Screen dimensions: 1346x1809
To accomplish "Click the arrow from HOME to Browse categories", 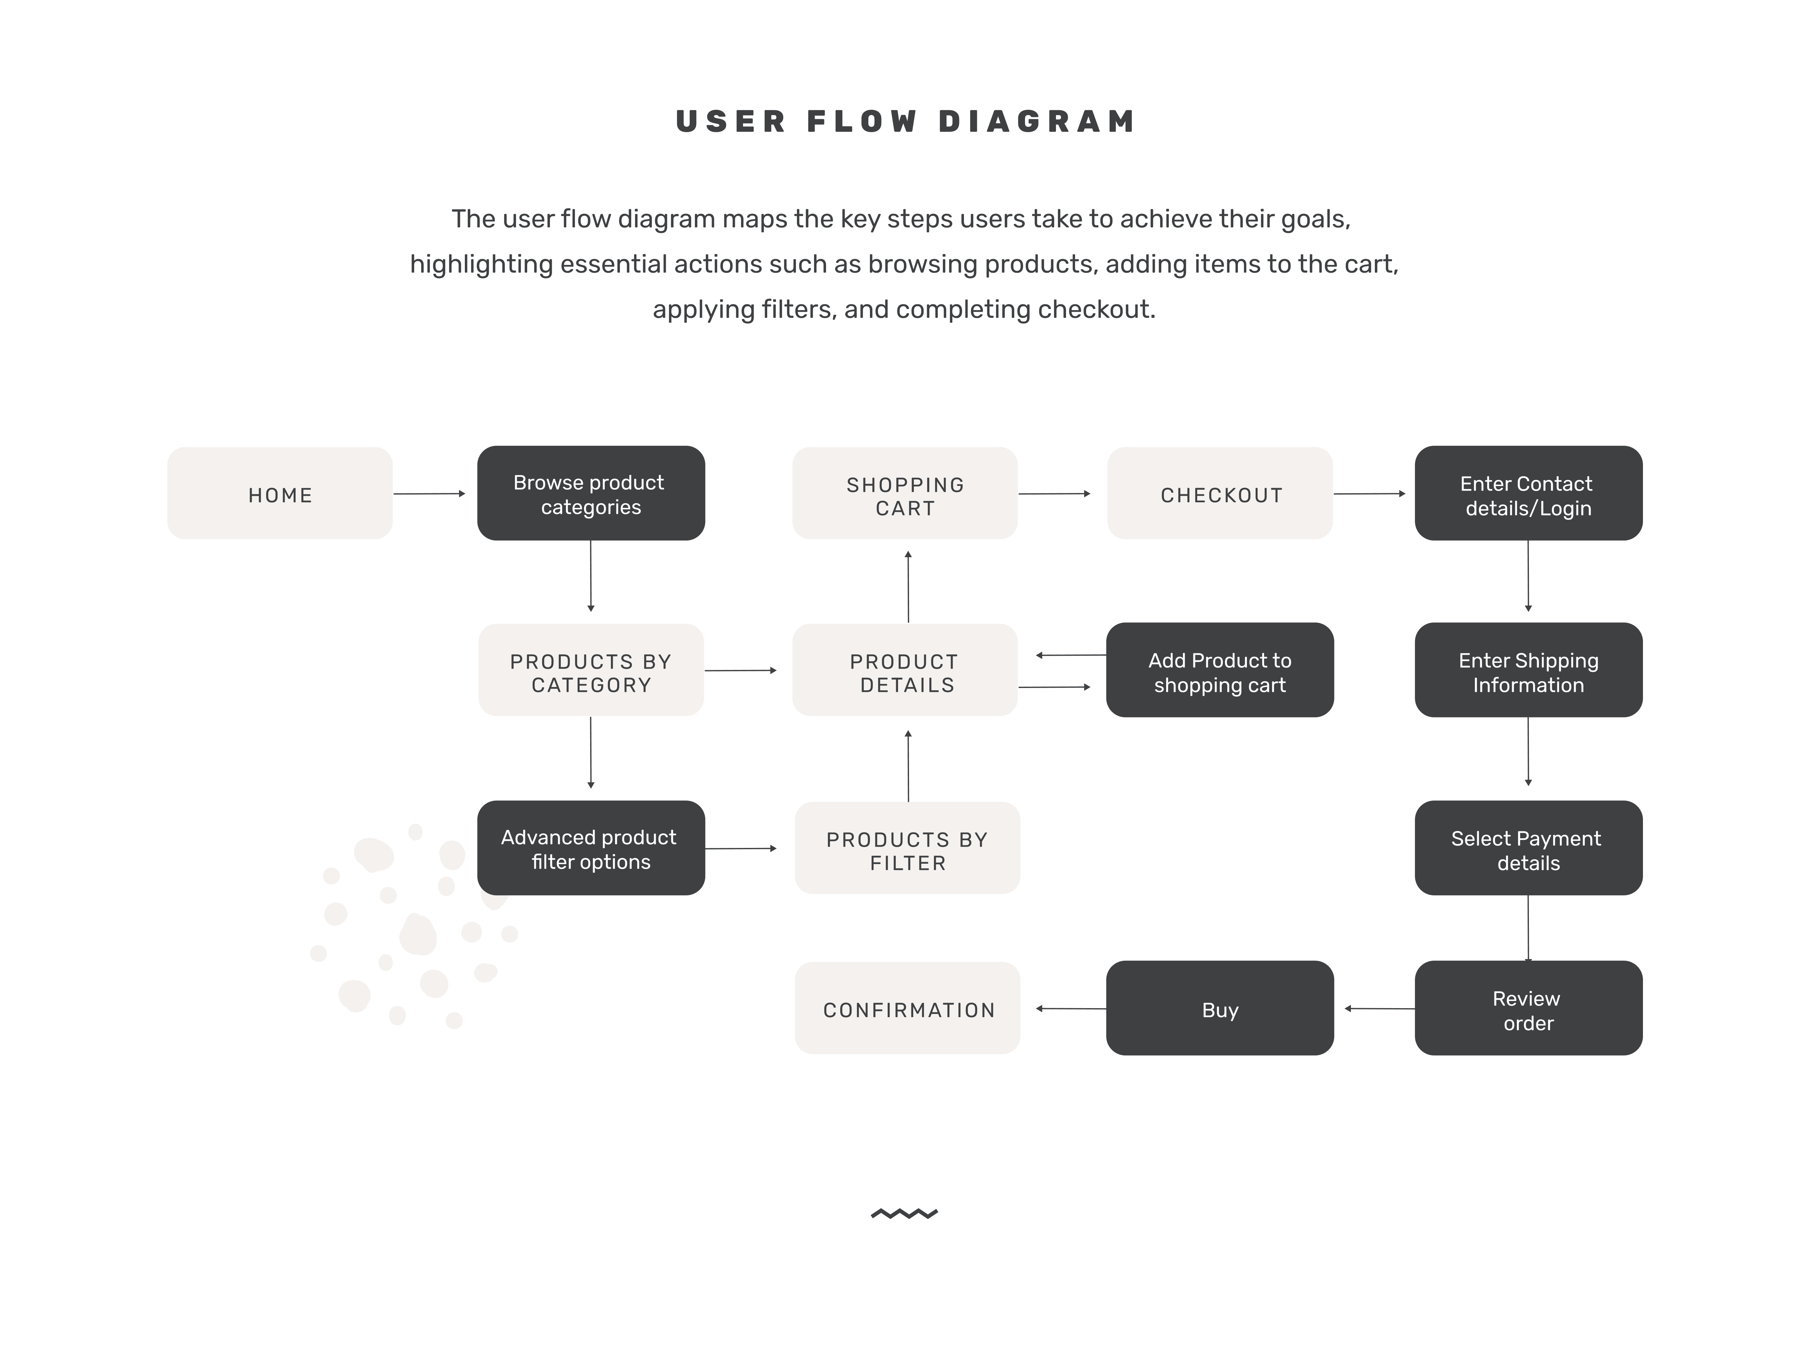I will click(429, 494).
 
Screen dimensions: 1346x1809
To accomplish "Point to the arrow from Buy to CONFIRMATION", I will click(1070, 1009).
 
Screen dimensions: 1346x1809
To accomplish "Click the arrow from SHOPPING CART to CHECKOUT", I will click(1054, 494).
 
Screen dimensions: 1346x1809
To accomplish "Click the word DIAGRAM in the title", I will click(1037, 121).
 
